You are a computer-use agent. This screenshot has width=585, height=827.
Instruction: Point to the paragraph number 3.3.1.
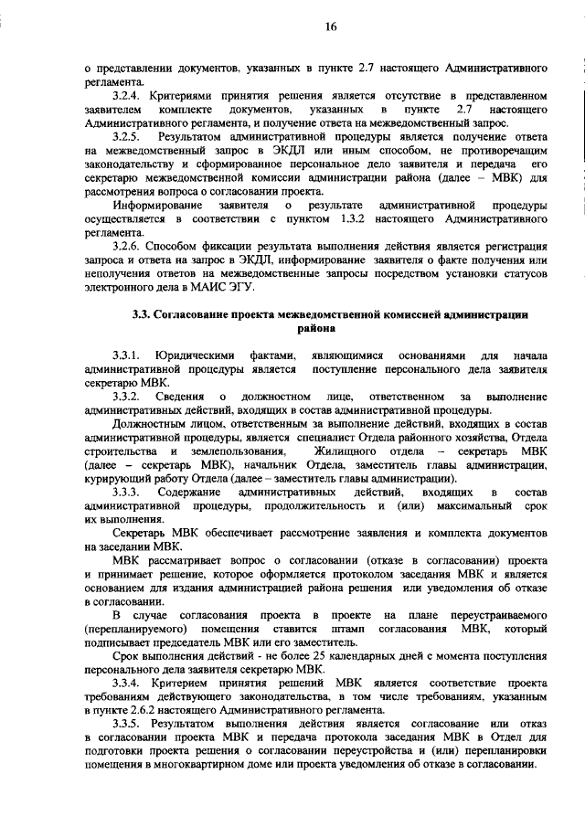pyautogui.click(x=127, y=355)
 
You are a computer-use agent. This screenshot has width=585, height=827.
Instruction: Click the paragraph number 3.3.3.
pyautogui.click(x=127, y=493)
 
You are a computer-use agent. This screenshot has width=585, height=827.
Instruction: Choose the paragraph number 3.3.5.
pyautogui.click(x=127, y=723)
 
